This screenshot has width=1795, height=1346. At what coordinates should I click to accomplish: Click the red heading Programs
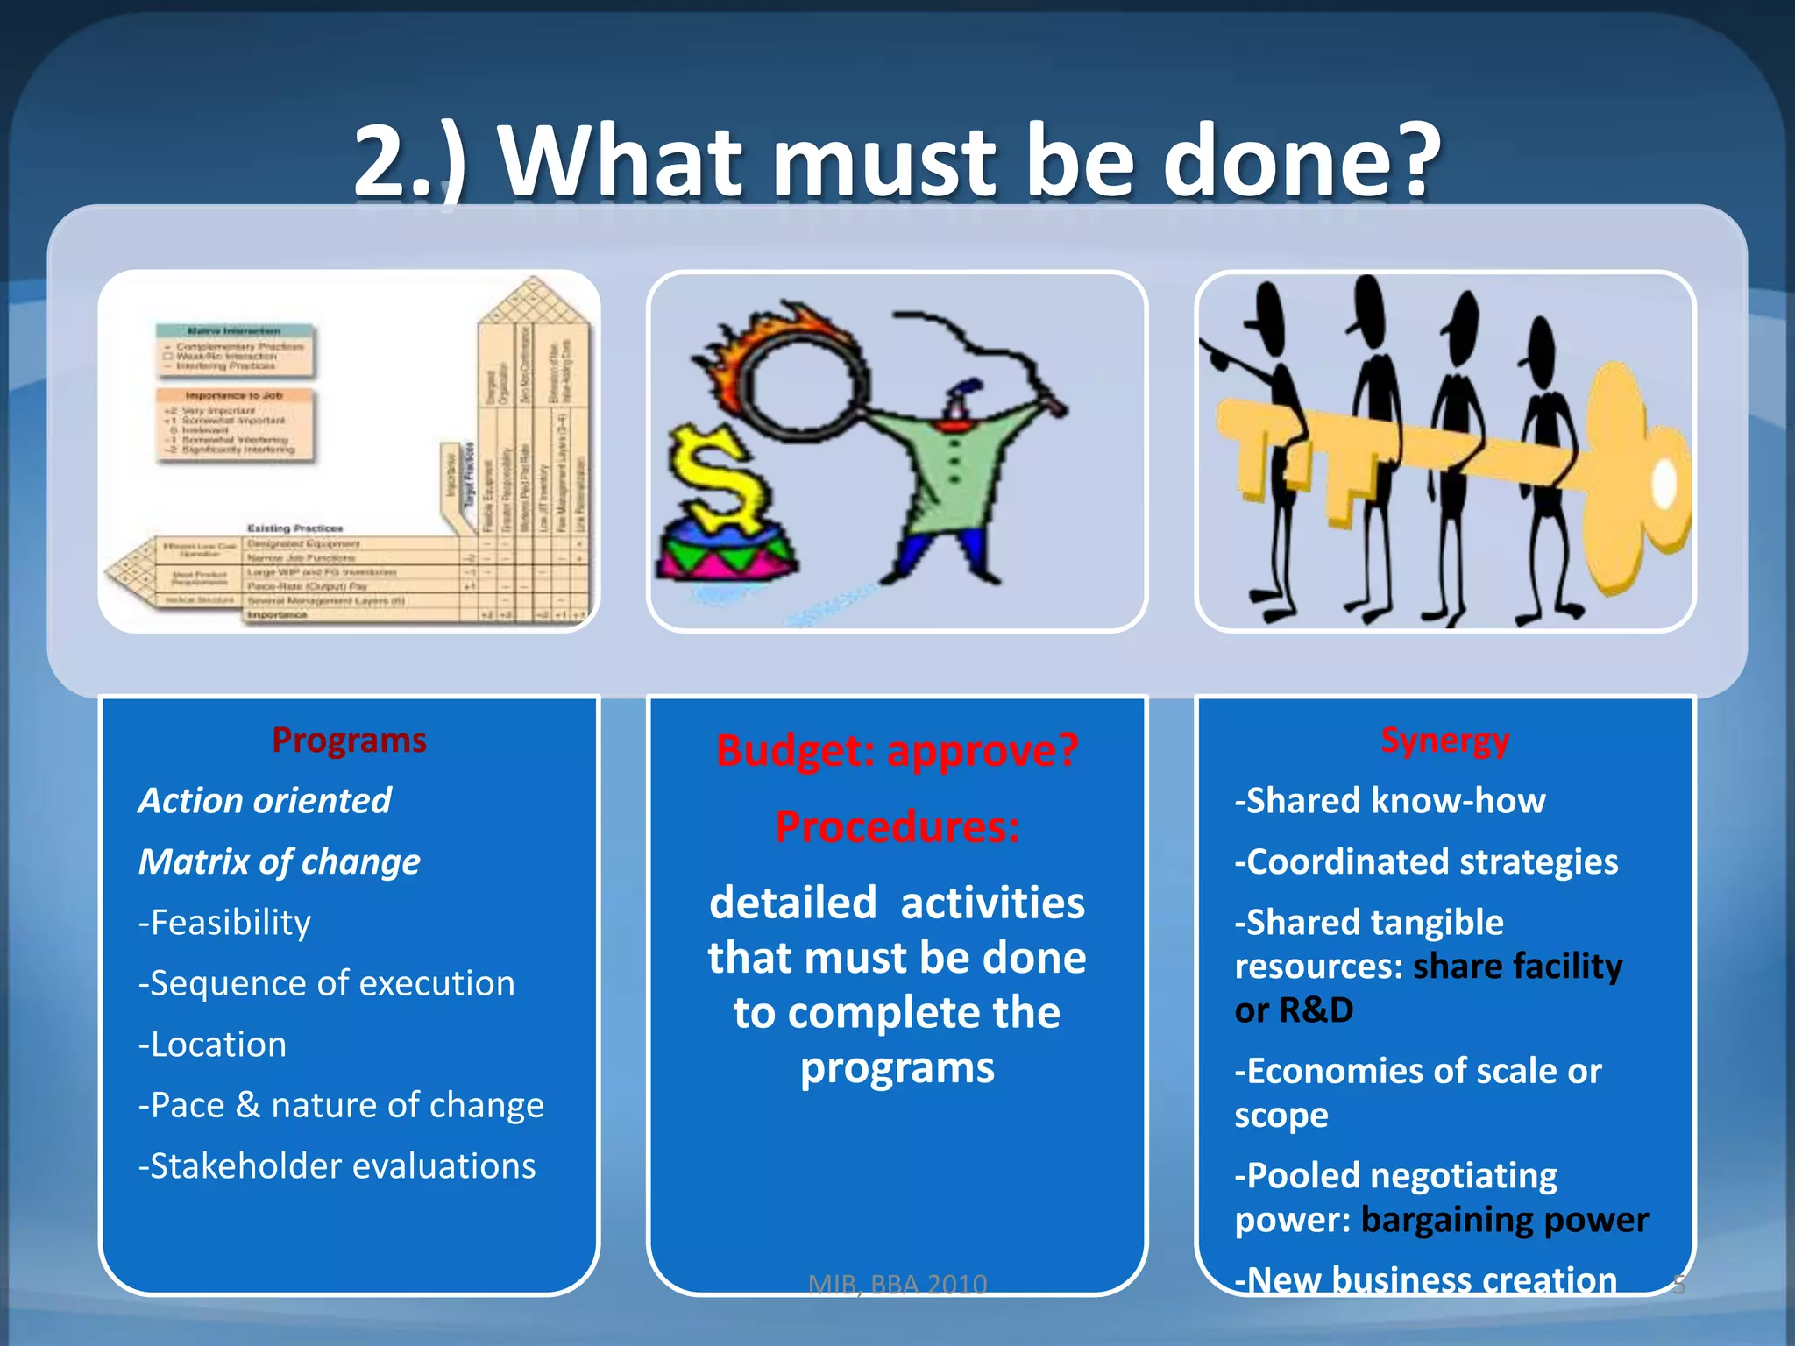click(349, 740)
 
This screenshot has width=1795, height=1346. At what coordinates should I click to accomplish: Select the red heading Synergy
click(1444, 740)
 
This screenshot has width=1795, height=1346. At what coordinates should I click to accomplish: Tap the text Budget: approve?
click(897, 750)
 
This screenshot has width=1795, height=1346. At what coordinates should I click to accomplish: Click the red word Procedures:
click(897, 826)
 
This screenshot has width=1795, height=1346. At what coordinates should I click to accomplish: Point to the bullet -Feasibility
click(224, 923)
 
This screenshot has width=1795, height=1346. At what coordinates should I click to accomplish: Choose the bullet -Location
click(212, 1045)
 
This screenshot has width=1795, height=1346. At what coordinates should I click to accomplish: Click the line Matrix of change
click(279, 861)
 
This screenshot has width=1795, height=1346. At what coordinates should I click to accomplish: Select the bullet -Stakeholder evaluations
click(337, 1166)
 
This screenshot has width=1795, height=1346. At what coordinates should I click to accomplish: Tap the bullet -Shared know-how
click(1389, 801)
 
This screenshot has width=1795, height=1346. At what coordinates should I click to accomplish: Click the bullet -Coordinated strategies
click(1426, 861)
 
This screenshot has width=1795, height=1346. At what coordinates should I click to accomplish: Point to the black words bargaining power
click(1504, 1220)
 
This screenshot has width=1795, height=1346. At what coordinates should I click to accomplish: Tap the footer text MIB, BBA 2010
click(897, 1285)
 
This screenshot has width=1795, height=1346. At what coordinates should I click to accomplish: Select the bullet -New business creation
click(1426, 1279)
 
